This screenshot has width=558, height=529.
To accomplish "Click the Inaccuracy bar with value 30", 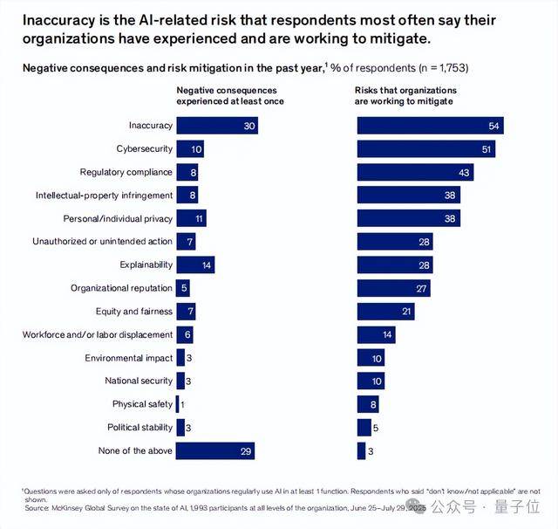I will point(217,127).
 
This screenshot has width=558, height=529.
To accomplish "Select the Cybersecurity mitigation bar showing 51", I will point(426,149).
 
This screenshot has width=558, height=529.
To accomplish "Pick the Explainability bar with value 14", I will point(195,264).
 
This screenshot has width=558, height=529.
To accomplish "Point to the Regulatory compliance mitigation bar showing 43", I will point(415,172).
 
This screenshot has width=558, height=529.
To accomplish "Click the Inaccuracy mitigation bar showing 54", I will point(431,127).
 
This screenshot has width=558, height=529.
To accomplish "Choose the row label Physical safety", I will point(142,404).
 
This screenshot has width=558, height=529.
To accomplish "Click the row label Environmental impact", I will point(128,358).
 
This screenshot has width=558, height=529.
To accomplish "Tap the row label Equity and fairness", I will point(133,312).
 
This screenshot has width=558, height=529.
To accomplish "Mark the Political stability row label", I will point(139,428).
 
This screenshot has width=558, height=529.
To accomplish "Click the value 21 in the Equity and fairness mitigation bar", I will point(406,312).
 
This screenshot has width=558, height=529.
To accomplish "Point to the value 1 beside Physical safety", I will point(183,404).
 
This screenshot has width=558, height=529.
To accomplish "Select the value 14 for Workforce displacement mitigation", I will point(388,334).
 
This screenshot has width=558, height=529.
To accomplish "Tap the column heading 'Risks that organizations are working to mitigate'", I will point(405,95).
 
